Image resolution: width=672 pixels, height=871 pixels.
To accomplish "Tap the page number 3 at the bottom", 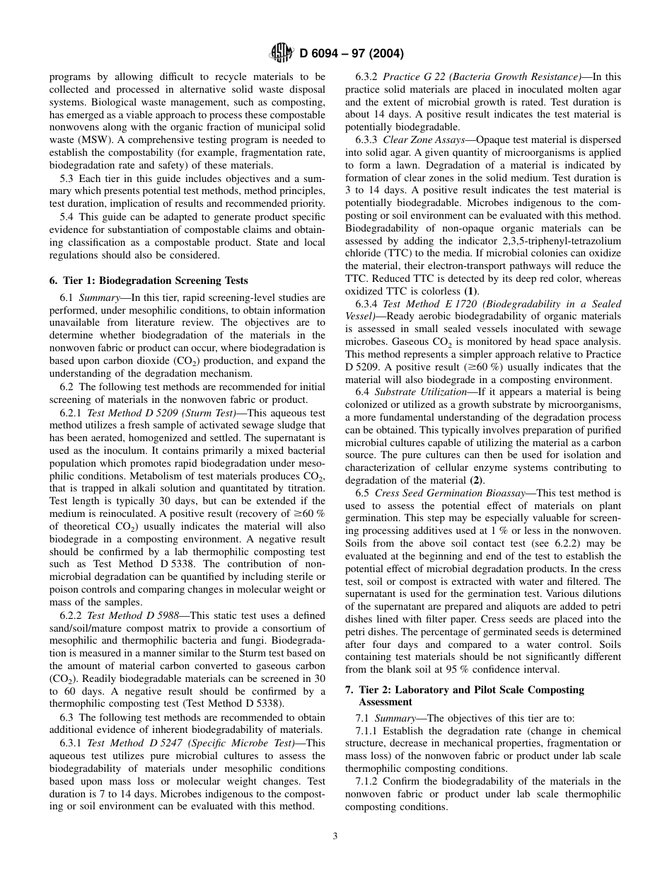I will pos(335,836).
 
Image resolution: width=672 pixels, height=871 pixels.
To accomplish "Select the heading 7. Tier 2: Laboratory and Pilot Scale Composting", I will pos(464,689).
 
